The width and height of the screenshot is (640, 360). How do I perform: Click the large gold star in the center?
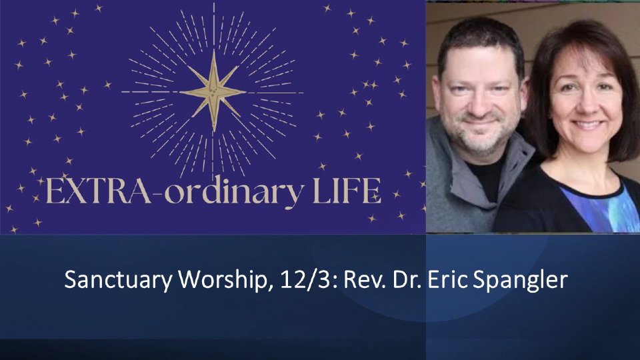pos(213,91)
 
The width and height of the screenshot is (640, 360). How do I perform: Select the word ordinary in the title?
pos(235,193)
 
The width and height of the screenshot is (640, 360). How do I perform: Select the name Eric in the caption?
pos(446,280)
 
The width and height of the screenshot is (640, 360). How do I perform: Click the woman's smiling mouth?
pos(587,124)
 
